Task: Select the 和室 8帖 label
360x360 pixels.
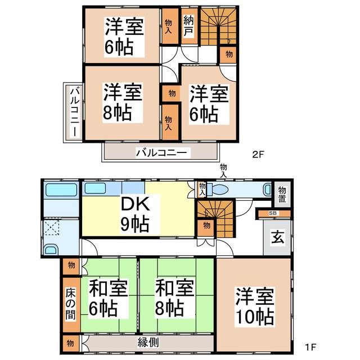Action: pos(175,298)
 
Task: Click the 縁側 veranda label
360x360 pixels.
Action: pos(147,341)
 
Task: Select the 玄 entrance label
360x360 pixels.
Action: pos(278,237)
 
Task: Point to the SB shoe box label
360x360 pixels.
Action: pos(273,213)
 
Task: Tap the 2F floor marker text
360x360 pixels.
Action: pos(258,152)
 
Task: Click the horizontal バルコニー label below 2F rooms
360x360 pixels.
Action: pos(160,152)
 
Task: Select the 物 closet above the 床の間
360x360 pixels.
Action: pos(70,264)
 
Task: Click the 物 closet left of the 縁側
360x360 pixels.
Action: pos(70,341)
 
